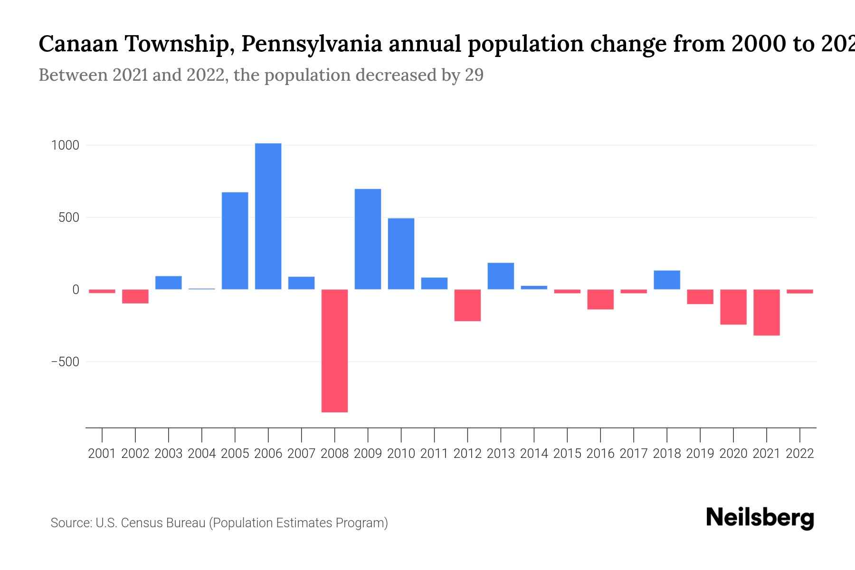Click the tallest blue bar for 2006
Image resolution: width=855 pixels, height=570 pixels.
(268, 216)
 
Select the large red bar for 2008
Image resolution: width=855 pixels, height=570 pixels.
(334, 351)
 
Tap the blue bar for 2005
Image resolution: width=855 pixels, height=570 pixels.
(235, 240)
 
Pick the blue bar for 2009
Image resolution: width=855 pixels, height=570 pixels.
(368, 239)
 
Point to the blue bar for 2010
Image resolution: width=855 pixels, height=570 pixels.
(401, 254)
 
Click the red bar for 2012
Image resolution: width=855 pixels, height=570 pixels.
(467, 305)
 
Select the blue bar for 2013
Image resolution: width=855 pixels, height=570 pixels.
(501, 276)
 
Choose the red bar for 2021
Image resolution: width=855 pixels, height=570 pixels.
(766, 312)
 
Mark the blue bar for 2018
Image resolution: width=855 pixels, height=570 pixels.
(667, 280)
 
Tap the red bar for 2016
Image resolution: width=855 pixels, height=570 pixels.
(600, 299)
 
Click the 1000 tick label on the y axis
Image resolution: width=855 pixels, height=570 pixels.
(65, 145)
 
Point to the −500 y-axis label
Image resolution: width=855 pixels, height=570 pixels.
(65, 362)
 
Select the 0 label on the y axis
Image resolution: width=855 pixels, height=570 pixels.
(75, 290)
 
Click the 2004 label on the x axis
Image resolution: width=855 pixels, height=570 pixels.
(201, 454)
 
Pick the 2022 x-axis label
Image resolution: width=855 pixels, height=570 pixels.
(800, 454)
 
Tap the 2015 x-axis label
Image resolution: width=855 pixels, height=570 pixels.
(567, 454)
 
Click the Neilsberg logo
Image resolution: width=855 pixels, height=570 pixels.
(760, 517)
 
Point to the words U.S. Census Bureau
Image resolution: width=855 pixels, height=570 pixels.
(150, 523)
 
